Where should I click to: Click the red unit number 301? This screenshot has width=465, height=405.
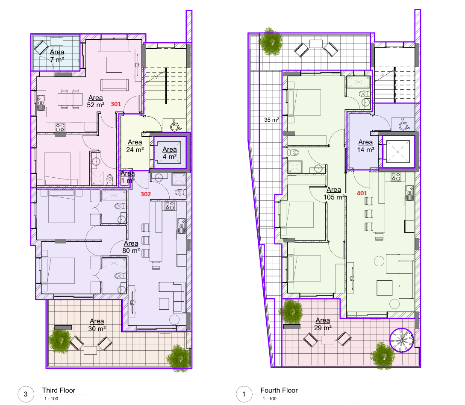(x=116, y=104)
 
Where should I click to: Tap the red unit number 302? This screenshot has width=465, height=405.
(x=146, y=194)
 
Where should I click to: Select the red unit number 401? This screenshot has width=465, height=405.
(x=362, y=193)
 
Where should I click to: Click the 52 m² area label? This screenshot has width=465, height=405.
(x=95, y=101)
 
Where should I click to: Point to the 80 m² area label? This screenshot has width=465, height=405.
(x=131, y=247)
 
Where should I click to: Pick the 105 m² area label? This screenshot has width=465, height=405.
(x=334, y=193)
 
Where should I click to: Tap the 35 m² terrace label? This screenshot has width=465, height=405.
(x=271, y=120)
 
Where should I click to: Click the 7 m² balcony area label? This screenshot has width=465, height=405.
(x=57, y=56)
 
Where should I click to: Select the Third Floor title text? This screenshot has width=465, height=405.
(x=59, y=390)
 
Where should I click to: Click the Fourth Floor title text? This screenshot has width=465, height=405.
(x=279, y=390)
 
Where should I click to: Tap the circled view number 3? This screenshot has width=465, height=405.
(x=26, y=394)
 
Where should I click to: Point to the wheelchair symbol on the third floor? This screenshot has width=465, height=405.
(x=175, y=125)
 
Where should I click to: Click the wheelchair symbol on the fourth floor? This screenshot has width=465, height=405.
(x=404, y=124)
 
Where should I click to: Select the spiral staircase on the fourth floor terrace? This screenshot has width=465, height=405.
(x=402, y=340)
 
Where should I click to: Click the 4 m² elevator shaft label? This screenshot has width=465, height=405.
(x=170, y=153)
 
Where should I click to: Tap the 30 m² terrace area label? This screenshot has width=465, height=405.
(x=97, y=325)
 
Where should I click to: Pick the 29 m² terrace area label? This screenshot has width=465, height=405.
(x=323, y=324)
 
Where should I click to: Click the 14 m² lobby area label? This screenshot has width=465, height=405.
(x=366, y=146)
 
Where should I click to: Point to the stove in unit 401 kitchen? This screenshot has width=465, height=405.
(x=396, y=177)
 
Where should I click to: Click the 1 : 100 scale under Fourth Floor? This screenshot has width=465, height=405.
(x=270, y=399)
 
